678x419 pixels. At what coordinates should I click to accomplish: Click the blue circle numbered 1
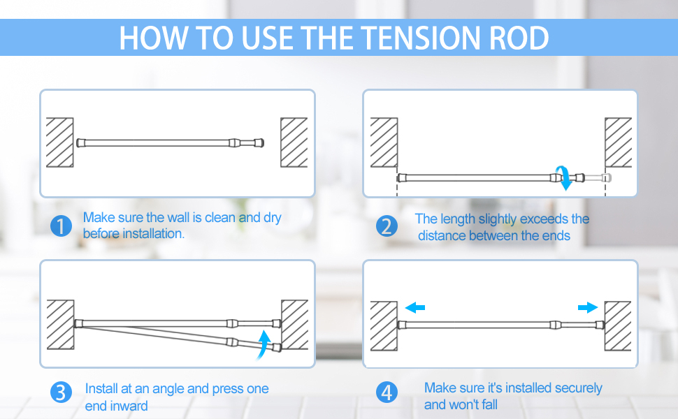(x=62, y=226)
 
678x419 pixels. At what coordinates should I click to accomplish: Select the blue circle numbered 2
(x=386, y=226)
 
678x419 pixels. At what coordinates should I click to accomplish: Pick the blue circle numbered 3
(x=62, y=392)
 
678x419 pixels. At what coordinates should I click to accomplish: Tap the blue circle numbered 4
(x=386, y=392)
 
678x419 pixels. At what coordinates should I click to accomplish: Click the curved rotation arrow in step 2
(x=563, y=177)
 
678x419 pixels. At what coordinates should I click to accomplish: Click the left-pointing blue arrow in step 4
(x=414, y=307)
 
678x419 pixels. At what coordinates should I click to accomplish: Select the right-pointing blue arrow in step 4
(x=588, y=307)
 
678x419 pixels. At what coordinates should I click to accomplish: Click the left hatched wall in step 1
(x=60, y=142)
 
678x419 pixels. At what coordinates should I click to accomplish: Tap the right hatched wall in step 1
(x=294, y=142)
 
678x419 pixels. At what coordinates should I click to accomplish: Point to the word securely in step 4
(x=572, y=388)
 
